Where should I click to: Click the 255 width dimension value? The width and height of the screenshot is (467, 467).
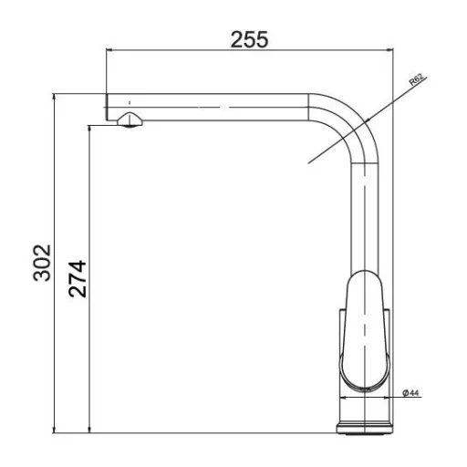[x=249, y=39]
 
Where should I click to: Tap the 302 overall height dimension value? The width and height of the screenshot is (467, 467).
[x=42, y=263]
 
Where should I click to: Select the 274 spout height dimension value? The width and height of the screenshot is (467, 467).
[x=78, y=278]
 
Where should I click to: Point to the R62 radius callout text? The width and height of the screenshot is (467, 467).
[x=417, y=80]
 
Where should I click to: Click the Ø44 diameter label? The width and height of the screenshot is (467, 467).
[x=410, y=393]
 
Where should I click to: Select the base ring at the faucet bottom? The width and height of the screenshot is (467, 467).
[x=365, y=428]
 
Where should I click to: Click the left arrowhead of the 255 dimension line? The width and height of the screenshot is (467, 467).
[x=109, y=50]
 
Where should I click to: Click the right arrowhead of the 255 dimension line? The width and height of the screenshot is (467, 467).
[x=389, y=50]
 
